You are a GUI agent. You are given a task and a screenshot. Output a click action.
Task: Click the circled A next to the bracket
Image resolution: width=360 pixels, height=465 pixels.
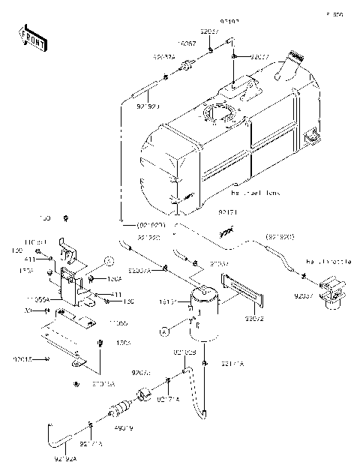point(108,262)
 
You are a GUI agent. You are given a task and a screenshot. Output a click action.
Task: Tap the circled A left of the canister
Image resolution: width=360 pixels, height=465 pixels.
point(161,330)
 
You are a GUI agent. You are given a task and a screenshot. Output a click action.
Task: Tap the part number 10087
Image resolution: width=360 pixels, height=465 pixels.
point(187,44)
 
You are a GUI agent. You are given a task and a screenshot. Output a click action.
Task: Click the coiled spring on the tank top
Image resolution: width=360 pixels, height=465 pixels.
point(296,55)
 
